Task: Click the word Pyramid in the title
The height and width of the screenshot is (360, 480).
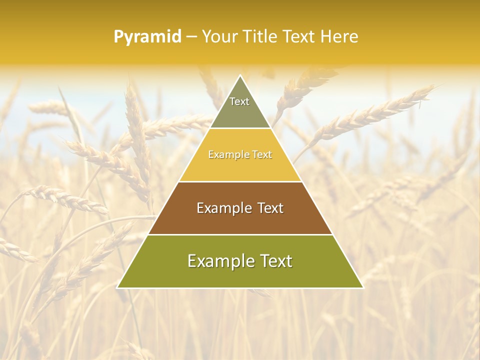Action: [x=147, y=37]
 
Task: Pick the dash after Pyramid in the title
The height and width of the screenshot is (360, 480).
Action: [x=191, y=37]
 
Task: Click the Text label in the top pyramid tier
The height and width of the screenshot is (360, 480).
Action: [x=239, y=101]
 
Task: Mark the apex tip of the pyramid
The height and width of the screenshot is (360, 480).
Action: [x=240, y=75]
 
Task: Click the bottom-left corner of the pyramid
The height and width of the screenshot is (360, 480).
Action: [x=117, y=287]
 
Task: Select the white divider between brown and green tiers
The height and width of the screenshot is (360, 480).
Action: [x=240, y=234]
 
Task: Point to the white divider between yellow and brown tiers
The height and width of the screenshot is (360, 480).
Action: [x=240, y=181]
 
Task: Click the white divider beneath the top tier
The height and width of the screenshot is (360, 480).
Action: [x=240, y=128]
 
